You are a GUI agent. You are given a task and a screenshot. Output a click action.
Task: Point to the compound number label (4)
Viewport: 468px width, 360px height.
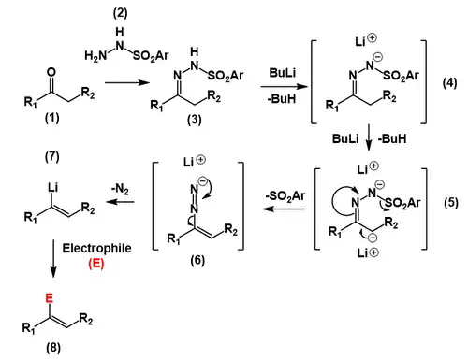tap(447, 79)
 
